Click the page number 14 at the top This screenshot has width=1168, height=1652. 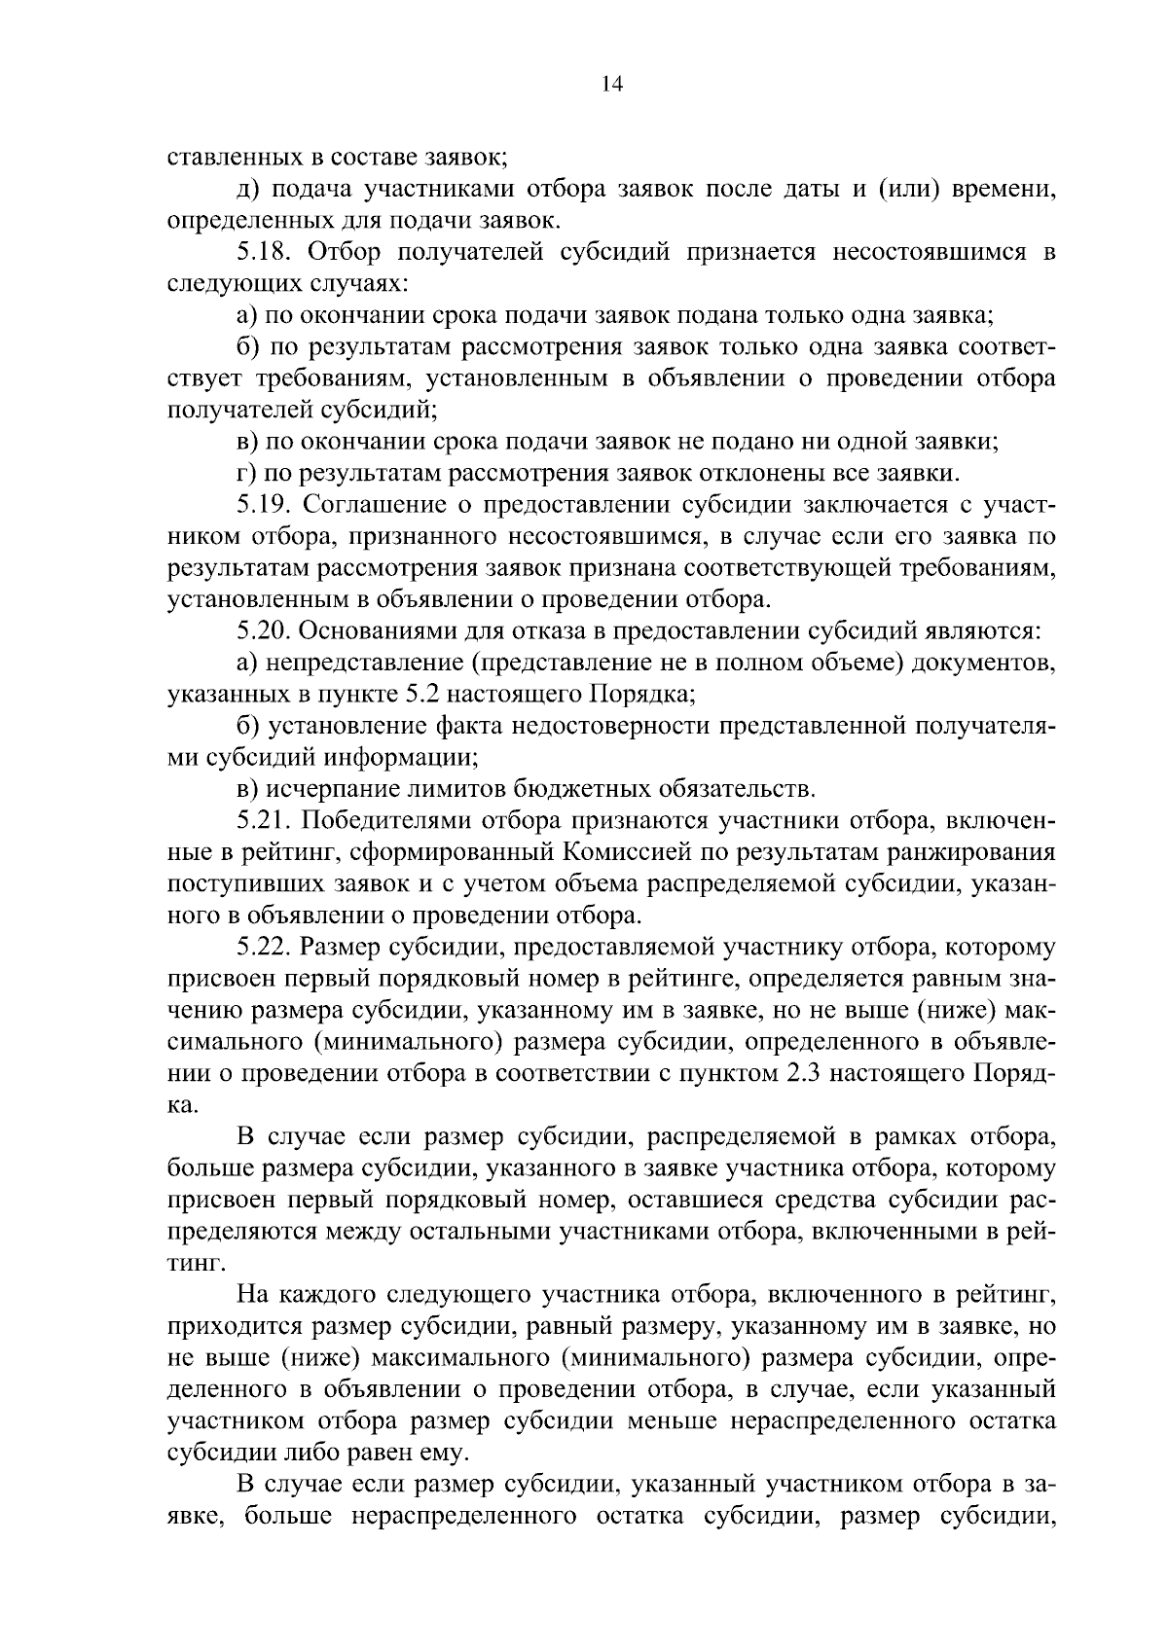tap(611, 84)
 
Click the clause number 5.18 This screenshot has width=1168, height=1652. tap(265, 252)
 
